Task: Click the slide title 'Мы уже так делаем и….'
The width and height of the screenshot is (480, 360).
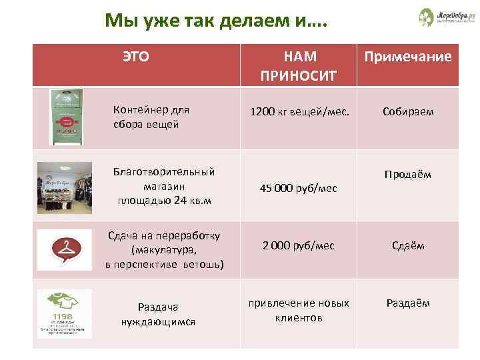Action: click(x=216, y=22)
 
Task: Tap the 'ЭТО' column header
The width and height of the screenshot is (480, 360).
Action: click(x=135, y=57)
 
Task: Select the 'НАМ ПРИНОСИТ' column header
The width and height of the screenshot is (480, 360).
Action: click(x=300, y=64)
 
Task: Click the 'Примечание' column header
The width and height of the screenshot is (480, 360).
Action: click(x=407, y=57)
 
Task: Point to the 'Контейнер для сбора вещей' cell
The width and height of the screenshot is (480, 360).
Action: click(x=151, y=117)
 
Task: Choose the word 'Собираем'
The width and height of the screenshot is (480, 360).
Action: click(x=408, y=111)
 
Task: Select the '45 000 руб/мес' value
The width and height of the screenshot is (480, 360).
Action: click(x=299, y=189)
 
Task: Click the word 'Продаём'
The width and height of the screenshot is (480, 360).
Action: click(x=407, y=174)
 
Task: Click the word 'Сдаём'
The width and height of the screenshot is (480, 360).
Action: click(x=408, y=245)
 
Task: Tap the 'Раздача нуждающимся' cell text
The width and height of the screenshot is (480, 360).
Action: click(x=158, y=314)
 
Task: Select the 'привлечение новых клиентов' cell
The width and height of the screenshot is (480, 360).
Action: click(x=299, y=310)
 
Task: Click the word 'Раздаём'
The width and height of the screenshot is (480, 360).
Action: click(x=407, y=303)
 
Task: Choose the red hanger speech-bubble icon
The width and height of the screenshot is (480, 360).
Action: click(x=64, y=250)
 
